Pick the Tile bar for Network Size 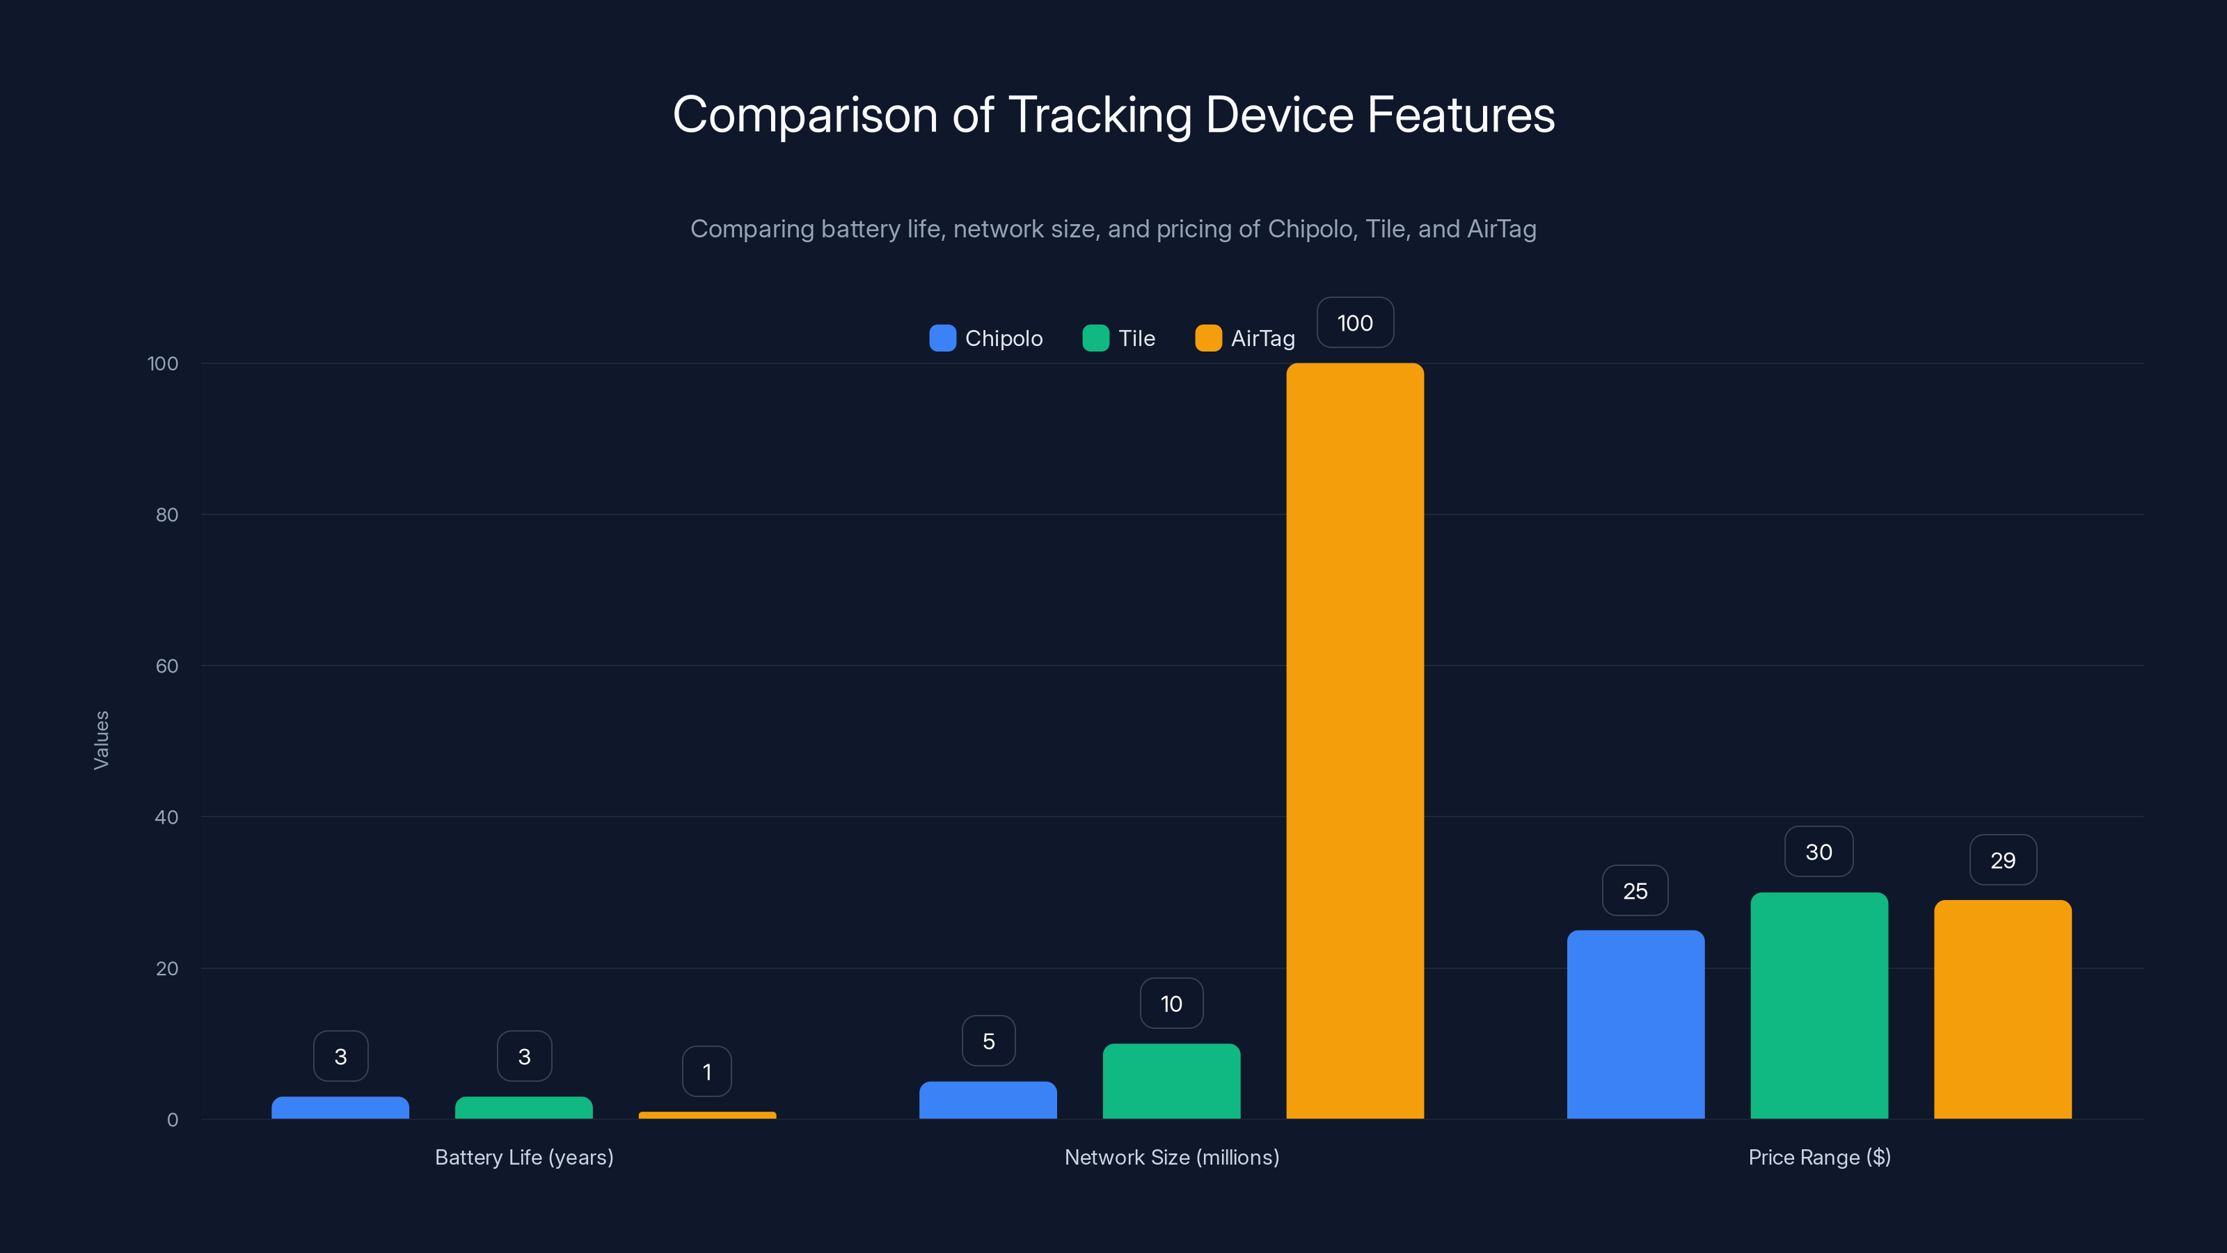point(1171,1081)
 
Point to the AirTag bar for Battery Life point(707,1115)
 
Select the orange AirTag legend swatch point(1207,338)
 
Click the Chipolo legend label point(1004,338)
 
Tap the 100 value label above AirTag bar point(1355,322)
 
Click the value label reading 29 point(2002,860)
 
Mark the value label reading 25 point(1635,891)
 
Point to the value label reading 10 point(1171,1004)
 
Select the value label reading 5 point(988,1041)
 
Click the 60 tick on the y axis point(167,666)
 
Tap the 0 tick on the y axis point(172,1120)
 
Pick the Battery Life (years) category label point(524,1157)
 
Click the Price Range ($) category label point(1819,1157)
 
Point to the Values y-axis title point(101,740)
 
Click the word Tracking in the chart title point(1100,115)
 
